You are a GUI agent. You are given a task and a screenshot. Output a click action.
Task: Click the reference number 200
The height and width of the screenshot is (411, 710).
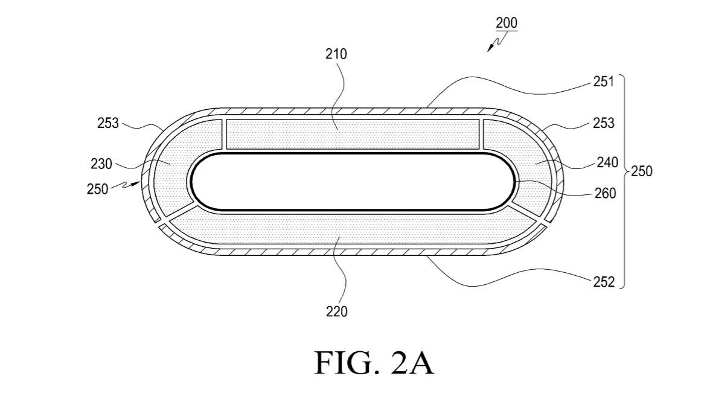507,24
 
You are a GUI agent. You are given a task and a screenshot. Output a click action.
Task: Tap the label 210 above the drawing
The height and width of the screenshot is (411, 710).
336,54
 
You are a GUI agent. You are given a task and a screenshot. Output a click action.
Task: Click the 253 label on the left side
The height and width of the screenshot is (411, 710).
109,124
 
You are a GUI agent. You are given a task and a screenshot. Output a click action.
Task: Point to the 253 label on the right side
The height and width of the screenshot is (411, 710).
603,123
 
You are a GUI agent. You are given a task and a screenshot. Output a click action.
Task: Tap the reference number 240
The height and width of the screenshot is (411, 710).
607,162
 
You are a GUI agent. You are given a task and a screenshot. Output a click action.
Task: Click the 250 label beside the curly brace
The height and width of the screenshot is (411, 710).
641,171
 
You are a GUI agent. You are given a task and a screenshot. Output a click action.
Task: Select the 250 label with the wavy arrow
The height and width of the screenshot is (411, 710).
97,189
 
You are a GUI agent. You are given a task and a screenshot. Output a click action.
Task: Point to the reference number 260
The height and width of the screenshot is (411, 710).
605,193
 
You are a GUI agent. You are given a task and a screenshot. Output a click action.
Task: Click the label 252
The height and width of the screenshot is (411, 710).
603,281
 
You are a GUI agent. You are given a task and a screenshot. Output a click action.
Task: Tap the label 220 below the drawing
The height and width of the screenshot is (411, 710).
336,311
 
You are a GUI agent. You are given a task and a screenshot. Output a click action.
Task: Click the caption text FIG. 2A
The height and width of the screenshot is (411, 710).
374,363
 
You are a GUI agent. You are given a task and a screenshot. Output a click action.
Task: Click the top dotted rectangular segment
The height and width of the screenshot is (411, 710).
353,134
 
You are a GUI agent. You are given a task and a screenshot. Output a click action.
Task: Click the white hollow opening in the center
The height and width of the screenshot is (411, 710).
353,181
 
